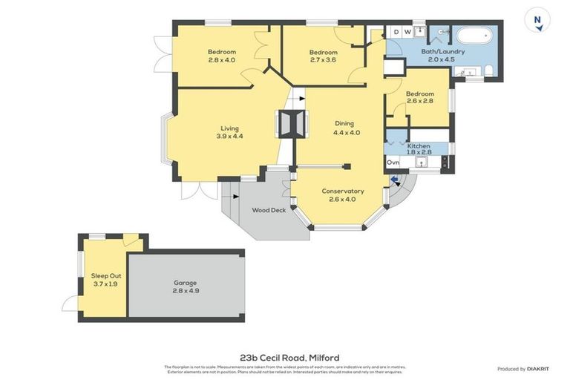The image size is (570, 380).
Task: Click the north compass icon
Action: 537,19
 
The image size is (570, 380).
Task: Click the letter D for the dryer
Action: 396,32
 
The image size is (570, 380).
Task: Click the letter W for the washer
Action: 407,32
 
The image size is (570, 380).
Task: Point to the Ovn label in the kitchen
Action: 393,162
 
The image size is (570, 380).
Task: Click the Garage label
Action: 186,286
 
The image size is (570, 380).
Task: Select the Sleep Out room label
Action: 104,279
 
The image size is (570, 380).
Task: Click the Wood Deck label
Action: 268,210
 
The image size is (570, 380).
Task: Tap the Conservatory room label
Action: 342,191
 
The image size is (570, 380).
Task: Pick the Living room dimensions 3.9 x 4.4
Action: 229,137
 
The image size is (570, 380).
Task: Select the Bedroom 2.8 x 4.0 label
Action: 221,56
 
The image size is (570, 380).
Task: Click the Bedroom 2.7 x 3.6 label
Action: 323,56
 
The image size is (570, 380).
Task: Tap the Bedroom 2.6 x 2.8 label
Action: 419,98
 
